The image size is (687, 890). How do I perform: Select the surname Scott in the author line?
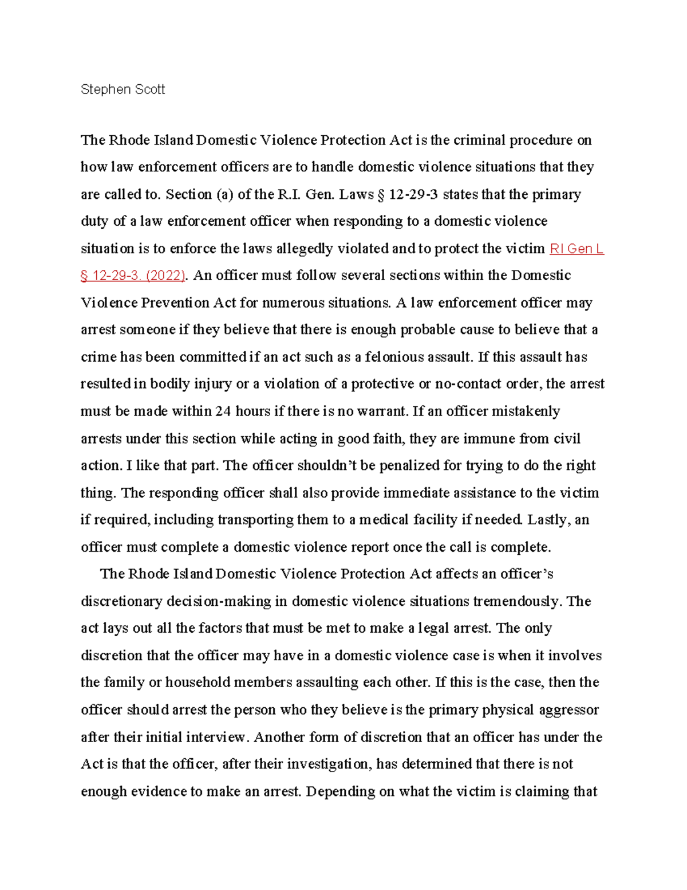[149, 89]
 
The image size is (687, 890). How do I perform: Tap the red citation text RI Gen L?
[577, 249]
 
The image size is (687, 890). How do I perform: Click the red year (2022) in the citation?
[165, 276]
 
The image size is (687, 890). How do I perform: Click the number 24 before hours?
[223, 411]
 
